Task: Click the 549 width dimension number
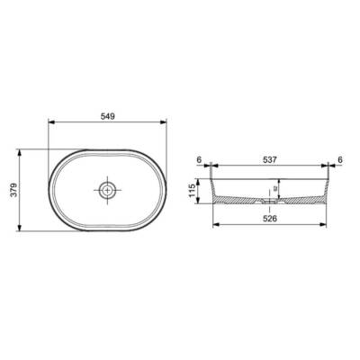pos(107,117)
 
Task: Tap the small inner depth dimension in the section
pos(281,188)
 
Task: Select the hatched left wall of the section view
pos(216,191)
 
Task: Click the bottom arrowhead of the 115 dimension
pos(203,204)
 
